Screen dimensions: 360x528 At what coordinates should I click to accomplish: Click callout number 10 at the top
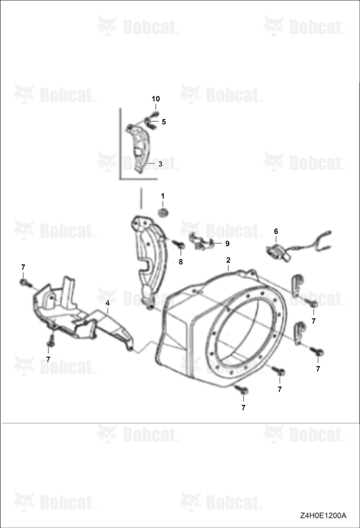[x=156, y=99]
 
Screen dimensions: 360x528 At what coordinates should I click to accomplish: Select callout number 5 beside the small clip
[x=164, y=122]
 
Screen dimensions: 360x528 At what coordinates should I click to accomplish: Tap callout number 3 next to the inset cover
[x=160, y=164]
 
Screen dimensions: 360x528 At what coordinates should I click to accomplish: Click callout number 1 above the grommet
[x=163, y=196]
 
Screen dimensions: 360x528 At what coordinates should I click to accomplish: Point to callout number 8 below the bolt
[x=181, y=262]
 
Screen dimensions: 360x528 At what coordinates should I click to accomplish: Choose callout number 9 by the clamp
[x=228, y=243]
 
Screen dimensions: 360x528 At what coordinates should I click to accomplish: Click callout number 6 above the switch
[x=276, y=231]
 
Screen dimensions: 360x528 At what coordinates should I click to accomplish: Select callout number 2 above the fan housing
[x=229, y=260]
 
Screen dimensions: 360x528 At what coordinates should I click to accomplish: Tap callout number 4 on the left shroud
[x=108, y=303]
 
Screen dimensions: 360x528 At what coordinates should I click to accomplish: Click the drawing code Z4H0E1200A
[x=324, y=515]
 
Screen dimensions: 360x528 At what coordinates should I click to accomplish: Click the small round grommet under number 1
[x=163, y=213]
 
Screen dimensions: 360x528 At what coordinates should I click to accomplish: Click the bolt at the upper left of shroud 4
[x=24, y=282]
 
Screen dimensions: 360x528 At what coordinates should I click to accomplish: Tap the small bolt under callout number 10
[x=156, y=114]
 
